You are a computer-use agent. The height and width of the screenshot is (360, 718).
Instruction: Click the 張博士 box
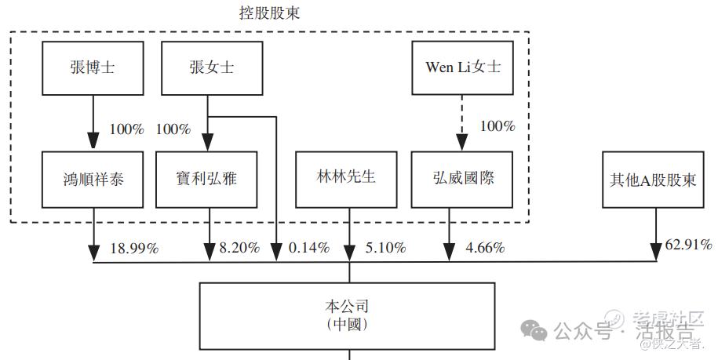pyautogui.click(x=93, y=67)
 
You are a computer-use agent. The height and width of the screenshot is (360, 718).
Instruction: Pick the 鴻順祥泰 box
pyautogui.click(x=93, y=180)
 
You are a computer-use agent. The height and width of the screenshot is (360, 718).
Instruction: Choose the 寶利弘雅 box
pyautogui.click(x=207, y=180)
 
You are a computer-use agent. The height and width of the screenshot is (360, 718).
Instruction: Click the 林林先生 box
pyautogui.click(x=348, y=179)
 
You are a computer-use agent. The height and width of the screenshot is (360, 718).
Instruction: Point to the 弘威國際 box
pyautogui.click(x=462, y=180)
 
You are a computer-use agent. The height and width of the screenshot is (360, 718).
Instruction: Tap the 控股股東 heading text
pyautogui.click(x=269, y=13)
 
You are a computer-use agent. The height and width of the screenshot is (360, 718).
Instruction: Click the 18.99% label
pyautogui.click(x=134, y=249)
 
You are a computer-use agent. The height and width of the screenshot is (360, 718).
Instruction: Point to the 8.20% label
pyautogui.click(x=239, y=249)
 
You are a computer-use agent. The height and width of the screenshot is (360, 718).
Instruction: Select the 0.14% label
pyautogui.click(x=309, y=249)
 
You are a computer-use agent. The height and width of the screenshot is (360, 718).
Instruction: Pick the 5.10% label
pyautogui.click(x=385, y=249)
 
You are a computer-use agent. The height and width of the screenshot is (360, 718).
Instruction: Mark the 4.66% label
pyautogui.click(x=484, y=249)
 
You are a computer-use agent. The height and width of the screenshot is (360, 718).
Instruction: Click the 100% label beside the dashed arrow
pyautogui.click(x=497, y=125)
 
